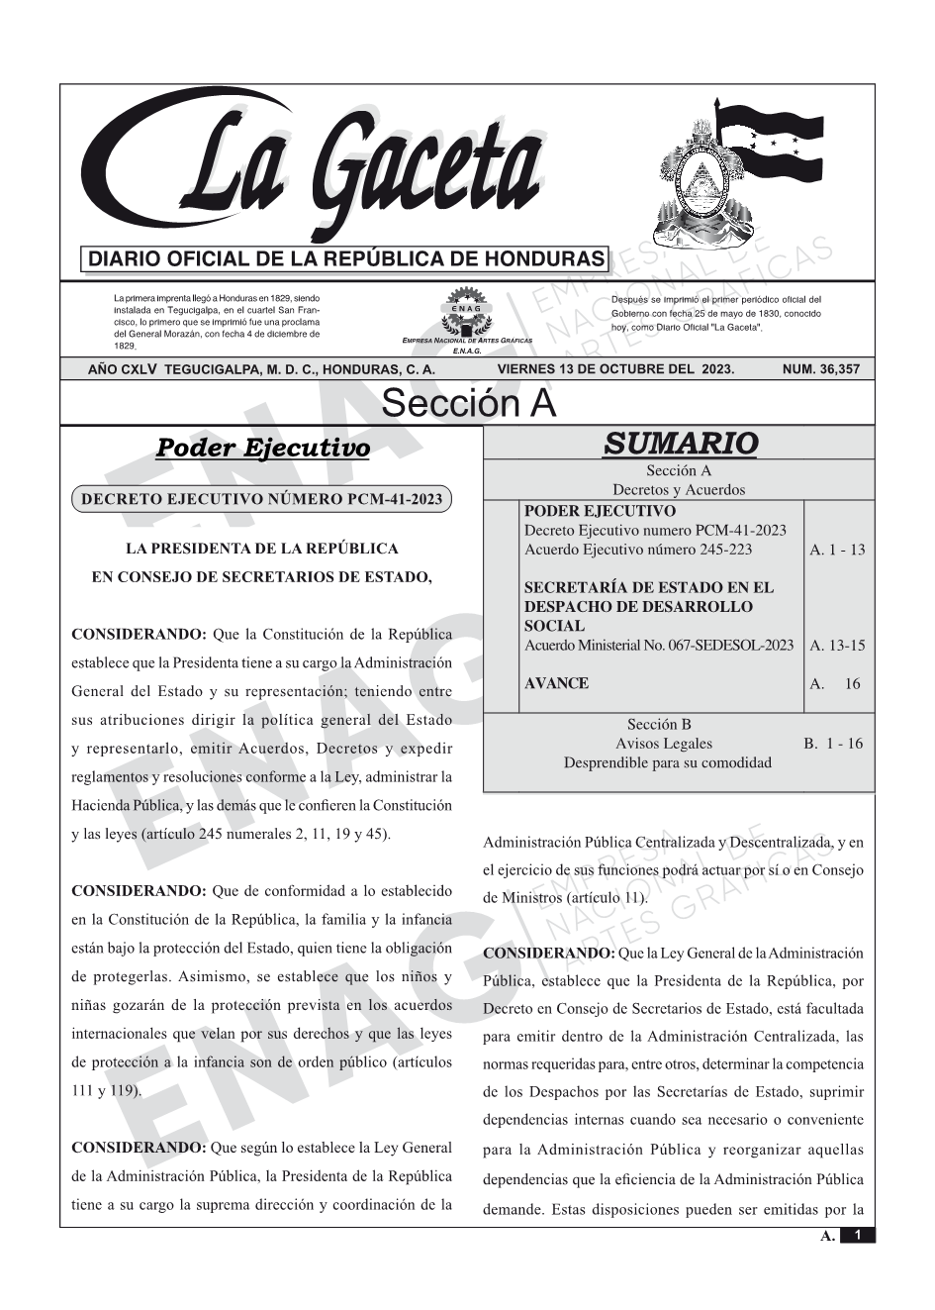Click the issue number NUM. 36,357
pos(820,369)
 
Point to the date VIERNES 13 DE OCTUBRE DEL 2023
pos(615,369)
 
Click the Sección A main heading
pos(468,404)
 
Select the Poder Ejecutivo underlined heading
pos(263,449)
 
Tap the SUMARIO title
pos(680,444)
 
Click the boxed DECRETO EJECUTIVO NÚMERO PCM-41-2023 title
pos(261,499)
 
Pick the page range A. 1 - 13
pos(836,550)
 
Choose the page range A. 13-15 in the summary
pos(836,646)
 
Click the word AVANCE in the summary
pos(556,683)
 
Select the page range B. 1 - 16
pos(832,744)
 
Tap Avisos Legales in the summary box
pos(663,744)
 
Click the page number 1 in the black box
pos(858,1235)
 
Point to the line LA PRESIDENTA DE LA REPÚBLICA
pos(262,549)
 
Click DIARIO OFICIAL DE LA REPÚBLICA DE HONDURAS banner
pos(346,259)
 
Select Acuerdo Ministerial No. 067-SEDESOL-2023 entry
pos(659,646)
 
